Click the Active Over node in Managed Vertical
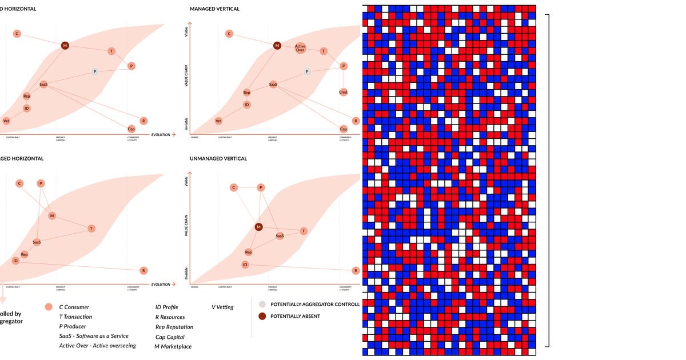click(300, 48)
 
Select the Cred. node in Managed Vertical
click(343, 91)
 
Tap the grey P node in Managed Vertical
click(307, 71)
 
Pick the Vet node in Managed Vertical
click(218, 121)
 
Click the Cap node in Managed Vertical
click(343, 129)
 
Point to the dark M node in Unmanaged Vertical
click(258, 227)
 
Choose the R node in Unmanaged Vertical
click(356, 270)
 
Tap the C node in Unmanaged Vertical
click(233, 187)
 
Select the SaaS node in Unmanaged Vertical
click(280, 235)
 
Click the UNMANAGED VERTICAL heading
click(218, 158)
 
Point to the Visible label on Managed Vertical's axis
click(186, 32)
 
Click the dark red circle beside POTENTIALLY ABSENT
click(262, 316)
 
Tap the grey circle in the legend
click(262, 304)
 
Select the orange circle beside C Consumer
click(49, 307)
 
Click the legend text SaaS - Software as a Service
click(94, 336)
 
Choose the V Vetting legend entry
click(222, 307)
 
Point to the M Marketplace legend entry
click(173, 346)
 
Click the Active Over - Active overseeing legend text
click(97, 346)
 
